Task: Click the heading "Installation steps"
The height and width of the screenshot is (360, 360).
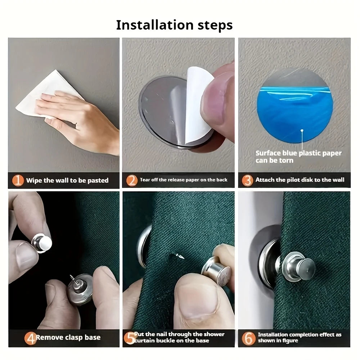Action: point(174,25)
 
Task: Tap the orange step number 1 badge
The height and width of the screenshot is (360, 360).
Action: point(18,180)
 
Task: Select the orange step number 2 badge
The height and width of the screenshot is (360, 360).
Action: point(132,180)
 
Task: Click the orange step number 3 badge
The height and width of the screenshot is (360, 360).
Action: point(247,180)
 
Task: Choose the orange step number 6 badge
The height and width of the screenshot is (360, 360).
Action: point(248,338)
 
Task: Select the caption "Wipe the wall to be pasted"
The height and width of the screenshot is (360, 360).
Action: point(67,180)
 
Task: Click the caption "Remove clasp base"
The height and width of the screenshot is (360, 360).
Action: point(68,338)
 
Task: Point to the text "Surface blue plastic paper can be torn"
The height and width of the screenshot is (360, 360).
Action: point(298,157)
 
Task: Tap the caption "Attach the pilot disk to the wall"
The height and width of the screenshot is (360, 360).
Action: point(300,180)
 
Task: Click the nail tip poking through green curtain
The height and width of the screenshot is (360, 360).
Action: point(179,256)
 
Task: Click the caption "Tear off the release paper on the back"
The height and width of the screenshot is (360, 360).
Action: point(184,180)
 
